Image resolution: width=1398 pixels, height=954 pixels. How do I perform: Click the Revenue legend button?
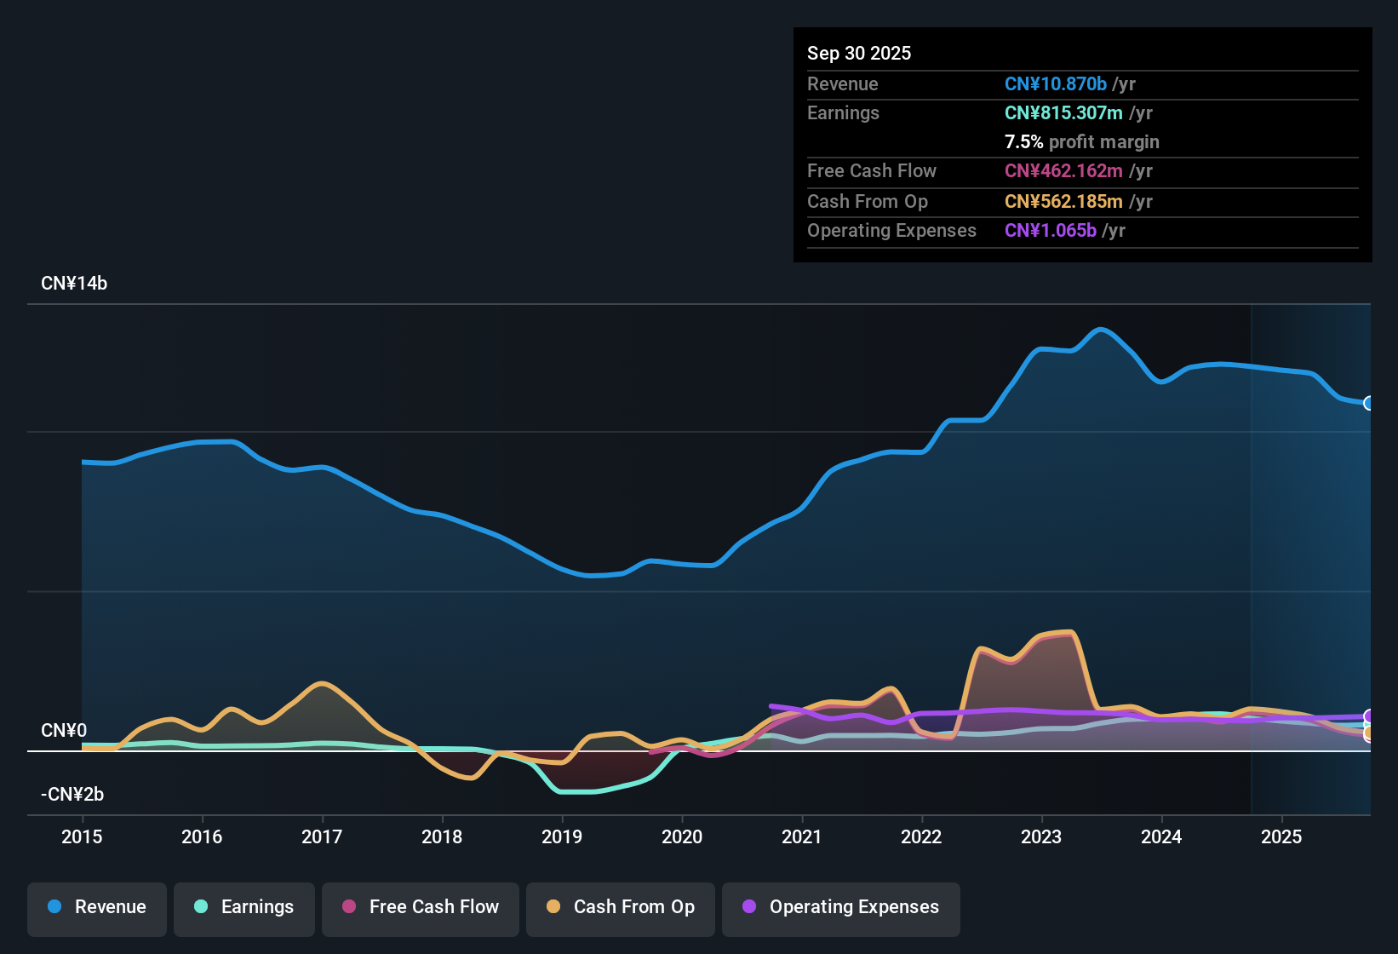click(x=97, y=907)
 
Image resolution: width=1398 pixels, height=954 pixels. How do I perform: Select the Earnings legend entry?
click(x=244, y=907)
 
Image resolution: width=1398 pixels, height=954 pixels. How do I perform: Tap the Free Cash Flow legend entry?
click(x=421, y=907)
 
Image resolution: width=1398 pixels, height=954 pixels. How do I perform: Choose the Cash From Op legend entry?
click(x=621, y=907)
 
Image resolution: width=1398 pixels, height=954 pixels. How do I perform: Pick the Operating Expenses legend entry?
click(x=841, y=907)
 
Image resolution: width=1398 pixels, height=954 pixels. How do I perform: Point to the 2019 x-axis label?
click(x=562, y=836)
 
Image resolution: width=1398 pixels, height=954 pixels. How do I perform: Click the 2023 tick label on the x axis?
click(x=1041, y=836)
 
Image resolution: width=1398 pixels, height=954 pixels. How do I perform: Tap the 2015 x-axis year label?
click(x=82, y=836)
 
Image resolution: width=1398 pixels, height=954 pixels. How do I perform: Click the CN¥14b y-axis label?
click(x=74, y=284)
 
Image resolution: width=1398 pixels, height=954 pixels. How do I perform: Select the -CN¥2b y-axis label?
click(x=72, y=795)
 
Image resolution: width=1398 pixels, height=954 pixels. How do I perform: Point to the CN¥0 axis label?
click(x=64, y=731)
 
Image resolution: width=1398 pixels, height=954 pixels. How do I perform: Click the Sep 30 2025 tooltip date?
click(x=859, y=53)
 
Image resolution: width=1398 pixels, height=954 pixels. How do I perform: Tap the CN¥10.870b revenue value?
click(x=1056, y=83)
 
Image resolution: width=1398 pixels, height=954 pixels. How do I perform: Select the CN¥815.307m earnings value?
click(x=1063, y=112)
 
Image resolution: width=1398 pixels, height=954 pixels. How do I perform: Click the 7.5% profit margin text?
click(x=1081, y=141)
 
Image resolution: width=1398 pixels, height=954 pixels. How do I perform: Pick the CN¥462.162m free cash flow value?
click(x=1063, y=170)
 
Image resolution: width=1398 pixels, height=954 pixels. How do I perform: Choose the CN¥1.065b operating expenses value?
click(x=1051, y=230)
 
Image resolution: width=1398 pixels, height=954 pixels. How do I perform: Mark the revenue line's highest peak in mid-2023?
click(x=1101, y=330)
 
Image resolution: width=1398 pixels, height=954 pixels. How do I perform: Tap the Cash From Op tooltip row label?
click(x=868, y=201)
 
